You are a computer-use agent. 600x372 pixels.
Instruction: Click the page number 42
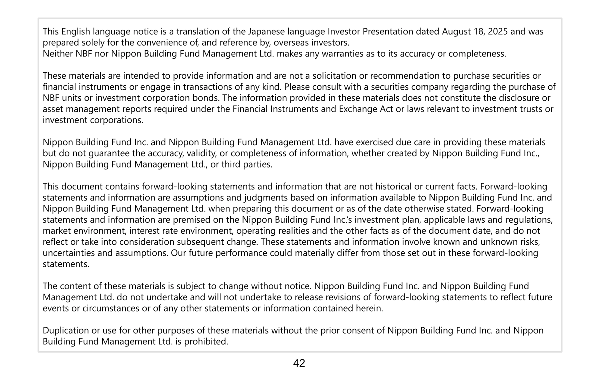tap(299, 363)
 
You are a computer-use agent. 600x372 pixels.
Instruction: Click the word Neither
tap(58, 54)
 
